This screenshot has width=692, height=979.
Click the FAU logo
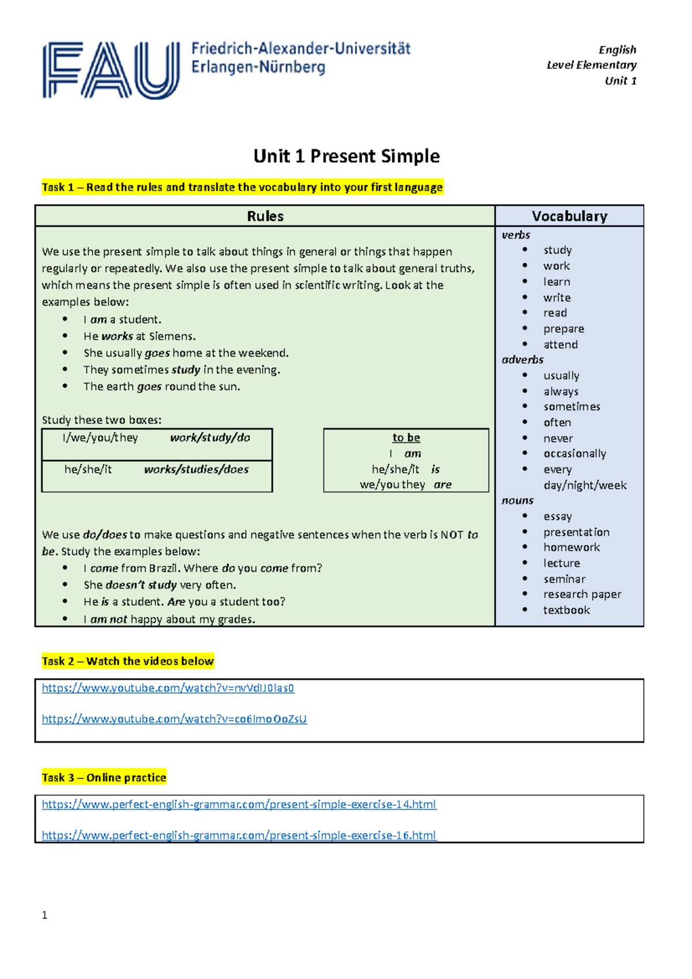click(111, 70)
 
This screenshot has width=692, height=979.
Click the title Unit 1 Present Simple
click(347, 156)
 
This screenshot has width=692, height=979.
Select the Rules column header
click(265, 216)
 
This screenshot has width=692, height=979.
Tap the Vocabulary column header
click(569, 216)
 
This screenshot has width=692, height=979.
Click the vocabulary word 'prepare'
click(563, 329)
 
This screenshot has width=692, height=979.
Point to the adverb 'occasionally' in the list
click(574, 454)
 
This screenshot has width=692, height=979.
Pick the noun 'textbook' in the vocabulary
click(566, 610)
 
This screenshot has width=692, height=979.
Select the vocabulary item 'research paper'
click(582, 594)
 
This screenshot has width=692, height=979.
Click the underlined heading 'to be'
click(406, 438)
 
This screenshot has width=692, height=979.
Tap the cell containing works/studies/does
click(196, 470)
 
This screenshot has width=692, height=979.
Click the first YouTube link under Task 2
click(168, 688)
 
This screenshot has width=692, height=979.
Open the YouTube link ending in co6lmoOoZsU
click(174, 719)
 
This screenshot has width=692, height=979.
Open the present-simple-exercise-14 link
click(239, 804)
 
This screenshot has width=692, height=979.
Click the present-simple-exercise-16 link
click(239, 835)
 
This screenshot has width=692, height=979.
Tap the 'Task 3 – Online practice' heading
click(104, 778)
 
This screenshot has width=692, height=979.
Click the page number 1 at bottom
click(44, 915)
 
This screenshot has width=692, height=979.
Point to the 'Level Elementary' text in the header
click(591, 65)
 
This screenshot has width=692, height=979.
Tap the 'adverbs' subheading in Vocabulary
click(522, 360)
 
